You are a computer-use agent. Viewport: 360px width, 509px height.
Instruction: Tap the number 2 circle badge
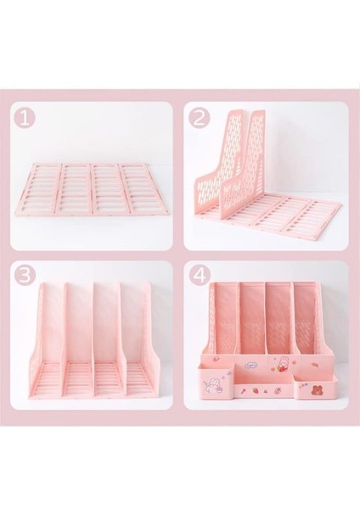(201, 118)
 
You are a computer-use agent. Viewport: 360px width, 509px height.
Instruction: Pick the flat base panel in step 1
(91, 187)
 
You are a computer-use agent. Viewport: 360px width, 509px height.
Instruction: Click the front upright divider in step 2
(222, 170)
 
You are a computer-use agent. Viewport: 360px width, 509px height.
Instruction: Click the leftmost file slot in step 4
(225, 322)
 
